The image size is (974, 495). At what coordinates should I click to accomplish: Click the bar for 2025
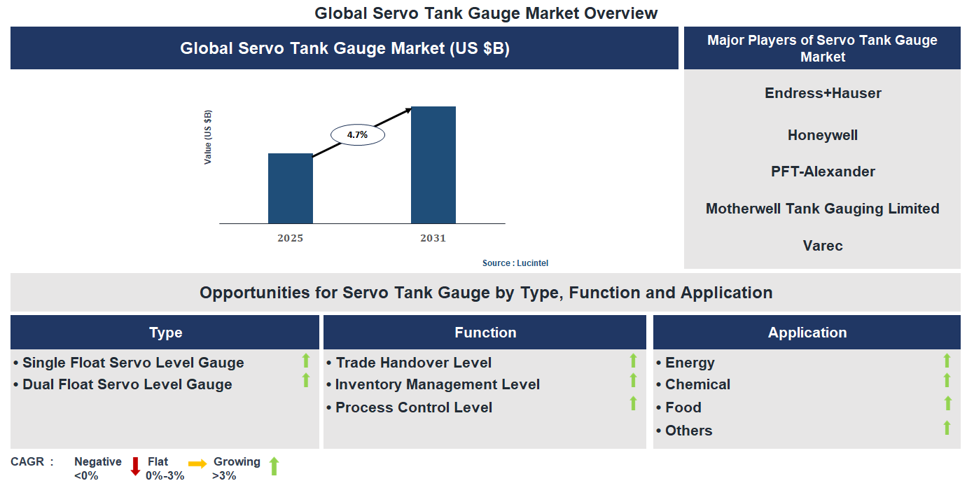(291, 188)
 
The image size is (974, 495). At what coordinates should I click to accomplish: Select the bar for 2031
(433, 165)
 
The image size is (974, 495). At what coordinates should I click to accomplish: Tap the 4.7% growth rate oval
(357, 135)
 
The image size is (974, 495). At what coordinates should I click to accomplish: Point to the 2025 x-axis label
(290, 238)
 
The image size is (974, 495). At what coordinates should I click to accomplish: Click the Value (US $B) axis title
(208, 137)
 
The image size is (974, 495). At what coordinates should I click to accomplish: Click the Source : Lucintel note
(515, 263)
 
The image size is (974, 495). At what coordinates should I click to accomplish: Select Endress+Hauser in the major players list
(823, 93)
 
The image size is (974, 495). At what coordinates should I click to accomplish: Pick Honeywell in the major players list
(822, 135)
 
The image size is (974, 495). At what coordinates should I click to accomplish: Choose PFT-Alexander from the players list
(823, 172)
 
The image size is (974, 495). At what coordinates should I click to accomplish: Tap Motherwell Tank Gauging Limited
(822, 209)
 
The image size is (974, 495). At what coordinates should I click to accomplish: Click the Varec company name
(823, 246)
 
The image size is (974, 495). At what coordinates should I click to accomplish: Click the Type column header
(165, 333)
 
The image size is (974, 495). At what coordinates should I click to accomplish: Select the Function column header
(485, 333)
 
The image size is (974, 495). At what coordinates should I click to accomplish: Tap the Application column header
(807, 333)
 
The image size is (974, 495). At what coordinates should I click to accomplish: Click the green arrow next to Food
(947, 403)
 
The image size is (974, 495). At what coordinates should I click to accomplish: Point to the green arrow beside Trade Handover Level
(633, 361)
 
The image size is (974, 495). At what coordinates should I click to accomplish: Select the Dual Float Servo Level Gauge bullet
(127, 384)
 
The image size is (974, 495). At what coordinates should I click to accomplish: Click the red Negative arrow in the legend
(136, 466)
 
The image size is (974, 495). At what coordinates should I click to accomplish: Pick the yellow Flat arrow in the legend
(197, 463)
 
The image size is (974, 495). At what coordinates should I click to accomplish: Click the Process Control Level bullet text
(413, 407)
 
